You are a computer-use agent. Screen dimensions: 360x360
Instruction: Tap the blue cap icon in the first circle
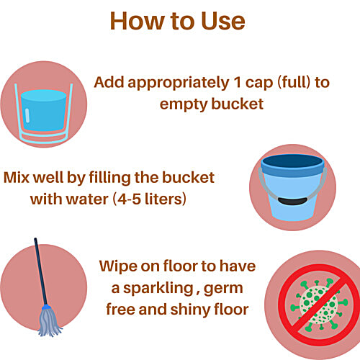click(45, 109)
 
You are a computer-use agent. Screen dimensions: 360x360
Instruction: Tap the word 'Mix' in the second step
click(18, 177)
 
